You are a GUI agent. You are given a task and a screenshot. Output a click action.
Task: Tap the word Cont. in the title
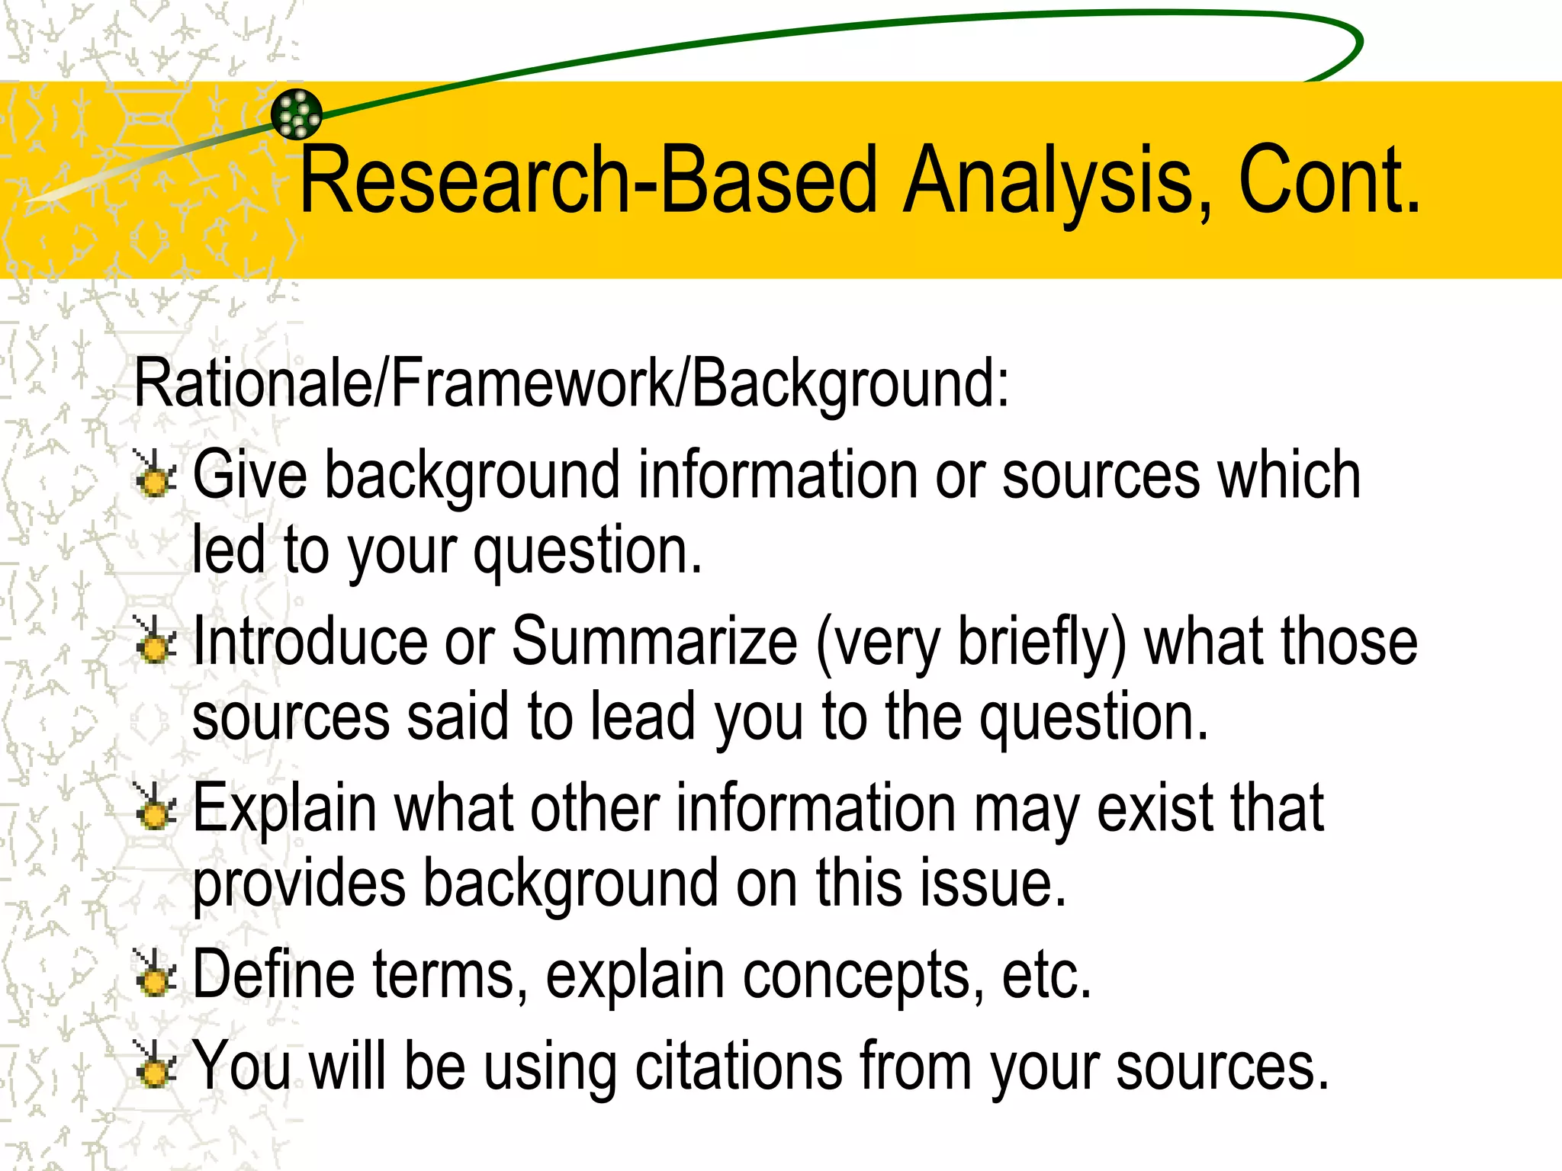click(x=1330, y=181)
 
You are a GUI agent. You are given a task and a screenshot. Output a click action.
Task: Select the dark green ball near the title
click(x=297, y=114)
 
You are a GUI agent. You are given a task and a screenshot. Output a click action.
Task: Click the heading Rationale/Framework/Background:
click(x=571, y=383)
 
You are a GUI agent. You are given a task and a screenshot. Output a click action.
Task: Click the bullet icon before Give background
click(x=156, y=474)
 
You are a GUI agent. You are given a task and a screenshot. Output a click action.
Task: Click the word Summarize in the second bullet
click(x=654, y=641)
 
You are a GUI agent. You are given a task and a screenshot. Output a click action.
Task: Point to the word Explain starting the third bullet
click(x=284, y=810)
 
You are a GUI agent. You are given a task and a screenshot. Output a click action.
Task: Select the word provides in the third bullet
click(x=299, y=884)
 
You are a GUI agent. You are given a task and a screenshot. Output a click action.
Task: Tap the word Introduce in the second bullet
click(x=310, y=641)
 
